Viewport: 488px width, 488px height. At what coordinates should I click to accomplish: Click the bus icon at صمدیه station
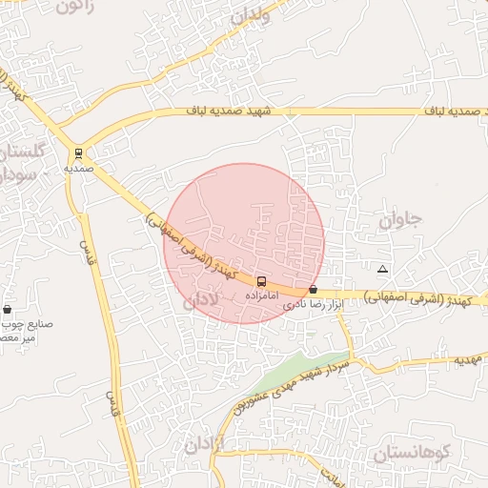pyautogui.click(x=79, y=152)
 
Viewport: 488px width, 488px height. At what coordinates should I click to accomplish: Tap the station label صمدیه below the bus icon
pyautogui.click(x=79, y=168)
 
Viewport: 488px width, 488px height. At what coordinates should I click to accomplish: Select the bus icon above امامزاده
pyautogui.click(x=262, y=281)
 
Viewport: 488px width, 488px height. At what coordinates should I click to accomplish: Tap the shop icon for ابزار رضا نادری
pyautogui.click(x=313, y=289)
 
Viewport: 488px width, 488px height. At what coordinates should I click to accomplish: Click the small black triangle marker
pyautogui.click(x=382, y=270)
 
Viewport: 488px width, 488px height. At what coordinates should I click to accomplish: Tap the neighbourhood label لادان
pyautogui.click(x=201, y=299)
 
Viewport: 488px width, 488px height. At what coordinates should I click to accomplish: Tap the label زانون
pyautogui.click(x=76, y=7)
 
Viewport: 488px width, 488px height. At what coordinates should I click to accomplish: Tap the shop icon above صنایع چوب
pyautogui.click(x=8, y=309)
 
